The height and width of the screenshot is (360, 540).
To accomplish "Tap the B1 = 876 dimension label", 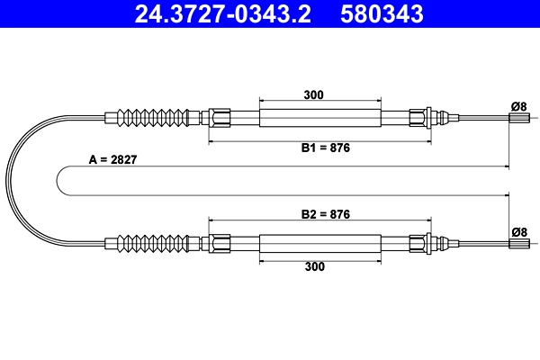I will [325, 149].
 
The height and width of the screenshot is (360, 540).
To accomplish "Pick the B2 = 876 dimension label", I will [325, 214].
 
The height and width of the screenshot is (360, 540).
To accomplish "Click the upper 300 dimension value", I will [314, 94].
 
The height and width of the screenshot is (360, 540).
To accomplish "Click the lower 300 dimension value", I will [314, 266].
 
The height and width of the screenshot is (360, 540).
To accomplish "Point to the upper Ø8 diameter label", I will [518, 106].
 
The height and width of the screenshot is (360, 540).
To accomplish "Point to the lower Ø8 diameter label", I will [518, 231].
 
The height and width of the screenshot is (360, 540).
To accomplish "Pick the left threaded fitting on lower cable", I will [220, 242].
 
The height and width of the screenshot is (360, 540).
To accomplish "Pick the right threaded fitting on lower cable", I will [419, 242].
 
